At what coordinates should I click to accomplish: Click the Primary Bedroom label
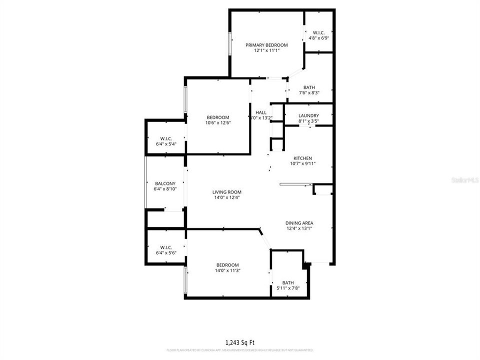pos(266,45)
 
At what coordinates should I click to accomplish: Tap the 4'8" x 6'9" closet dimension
pos(318,38)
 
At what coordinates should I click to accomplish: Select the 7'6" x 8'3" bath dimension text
pos(308,93)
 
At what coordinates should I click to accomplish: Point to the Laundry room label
pos(308,115)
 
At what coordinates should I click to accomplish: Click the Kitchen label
pos(302,158)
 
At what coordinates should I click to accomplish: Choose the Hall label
pos(261,112)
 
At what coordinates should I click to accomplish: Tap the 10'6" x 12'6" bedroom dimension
pos(217,123)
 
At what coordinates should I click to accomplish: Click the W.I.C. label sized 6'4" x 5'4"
pos(166,138)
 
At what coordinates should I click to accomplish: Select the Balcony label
pos(165,183)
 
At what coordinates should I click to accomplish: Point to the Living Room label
pos(227,192)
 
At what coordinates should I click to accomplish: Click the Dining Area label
pos(299,223)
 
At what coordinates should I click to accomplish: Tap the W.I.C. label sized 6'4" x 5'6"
pos(166,247)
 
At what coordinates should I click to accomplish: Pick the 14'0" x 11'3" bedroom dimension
pos(227,271)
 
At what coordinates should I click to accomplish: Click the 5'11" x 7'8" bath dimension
pos(288,288)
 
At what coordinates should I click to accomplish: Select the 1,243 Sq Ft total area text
pos(240,342)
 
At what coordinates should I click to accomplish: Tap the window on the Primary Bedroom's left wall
pos(230,43)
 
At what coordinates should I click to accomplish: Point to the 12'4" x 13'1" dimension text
pos(299,229)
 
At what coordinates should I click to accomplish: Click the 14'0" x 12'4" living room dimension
pos(227,198)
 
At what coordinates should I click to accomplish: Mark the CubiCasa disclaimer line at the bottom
pos(240,350)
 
